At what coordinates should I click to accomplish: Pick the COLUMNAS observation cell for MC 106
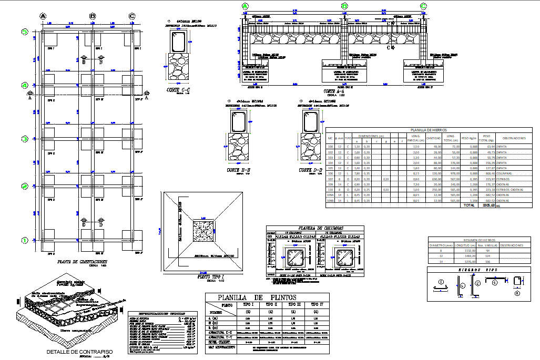[x=504, y=173]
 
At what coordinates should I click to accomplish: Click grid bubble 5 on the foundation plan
[x=25, y=32]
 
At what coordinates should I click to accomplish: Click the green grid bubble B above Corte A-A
[x=344, y=6]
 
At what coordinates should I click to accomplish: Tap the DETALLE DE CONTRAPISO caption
[x=79, y=352]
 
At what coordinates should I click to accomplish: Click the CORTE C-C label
[x=178, y=90]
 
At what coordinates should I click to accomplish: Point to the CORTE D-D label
[x=311, y=170]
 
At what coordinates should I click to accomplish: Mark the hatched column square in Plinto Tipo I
[x=202, y=231]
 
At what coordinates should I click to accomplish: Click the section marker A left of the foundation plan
[x=29, y=97]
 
